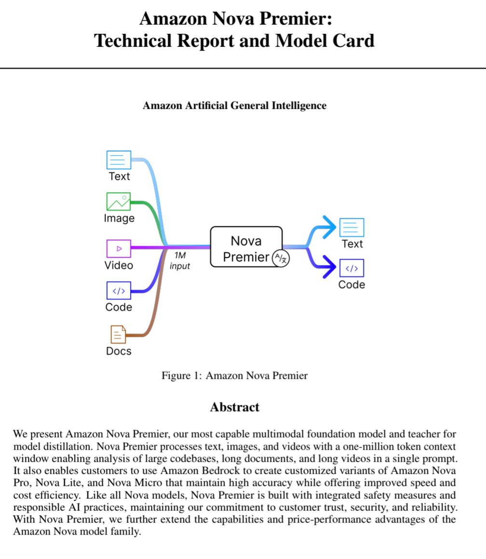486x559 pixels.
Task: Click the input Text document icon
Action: [119, 160]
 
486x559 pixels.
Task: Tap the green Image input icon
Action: [119, 201]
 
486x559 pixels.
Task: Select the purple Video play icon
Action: [119, 248]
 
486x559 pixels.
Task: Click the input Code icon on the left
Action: [119, 291]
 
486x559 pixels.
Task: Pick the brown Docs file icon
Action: [118, 334]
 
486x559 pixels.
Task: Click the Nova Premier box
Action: [246, 246]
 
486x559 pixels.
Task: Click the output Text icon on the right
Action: [352, 227]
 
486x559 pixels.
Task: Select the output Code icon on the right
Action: [352, 268]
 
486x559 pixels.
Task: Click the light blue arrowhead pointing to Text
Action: [329, 226]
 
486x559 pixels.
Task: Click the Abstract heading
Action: [235, 407]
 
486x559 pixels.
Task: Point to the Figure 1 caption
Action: [235, 375]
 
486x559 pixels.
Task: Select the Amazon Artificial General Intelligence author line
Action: [235, 106]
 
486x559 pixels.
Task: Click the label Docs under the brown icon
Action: [119, 351]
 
